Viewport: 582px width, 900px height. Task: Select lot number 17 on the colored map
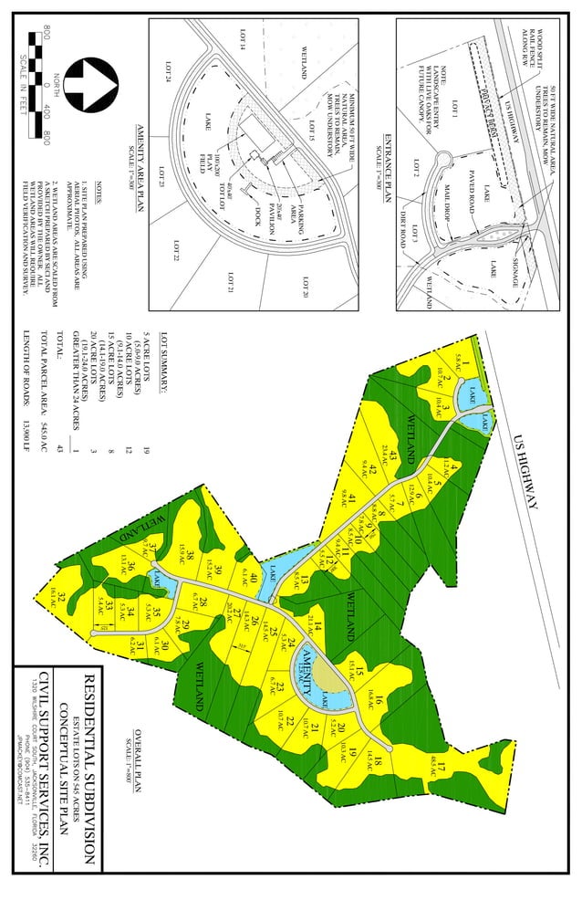click(x=442, y=765)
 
